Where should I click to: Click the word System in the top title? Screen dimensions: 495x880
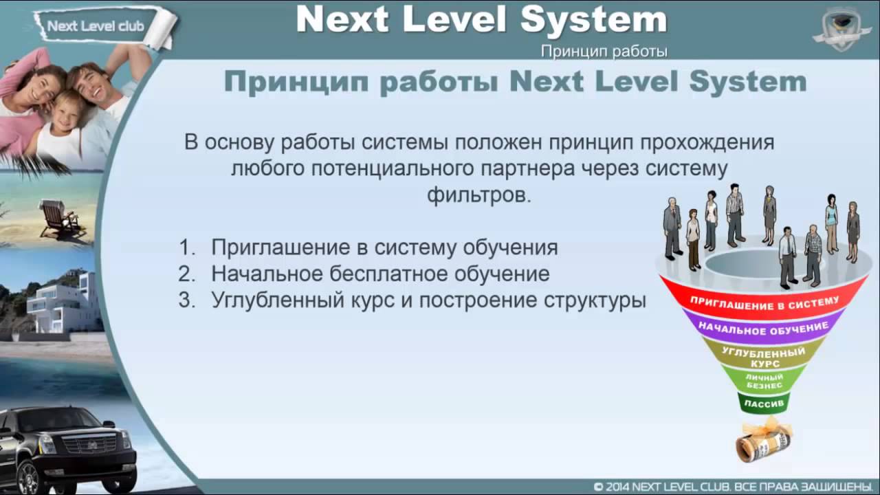click(x=593, y=20)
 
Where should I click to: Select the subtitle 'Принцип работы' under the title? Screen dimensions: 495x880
click(x=604, y=52)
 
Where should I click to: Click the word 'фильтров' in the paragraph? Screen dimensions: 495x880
click(x=479, y=195)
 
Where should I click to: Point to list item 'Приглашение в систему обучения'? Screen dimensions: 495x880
click(x=384, y=247)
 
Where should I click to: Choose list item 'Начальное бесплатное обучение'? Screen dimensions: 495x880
click(x=380, y=274)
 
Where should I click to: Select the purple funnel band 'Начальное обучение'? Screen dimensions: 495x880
click(x=763, y=329)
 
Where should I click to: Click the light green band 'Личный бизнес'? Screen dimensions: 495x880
click(x=764, y=382)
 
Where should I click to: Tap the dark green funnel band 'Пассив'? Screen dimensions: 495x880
click(x=763, y=403)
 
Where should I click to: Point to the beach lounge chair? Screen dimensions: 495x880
click(x=58, y=218)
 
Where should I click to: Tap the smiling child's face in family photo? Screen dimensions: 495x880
click(x=65, y=110)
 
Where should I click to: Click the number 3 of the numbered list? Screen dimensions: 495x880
click(x=184, y=300)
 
